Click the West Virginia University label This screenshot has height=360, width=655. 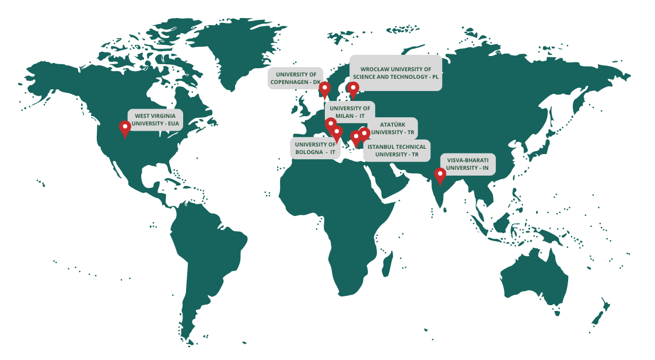pyautogui.click(x=155, y=120)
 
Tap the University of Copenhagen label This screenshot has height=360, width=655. pyautogui.click(x=295, y=78)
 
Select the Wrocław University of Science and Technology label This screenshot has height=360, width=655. pyautogui.click(x=395, y=73)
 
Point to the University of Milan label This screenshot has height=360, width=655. pyautogui.click(x=349, y=112)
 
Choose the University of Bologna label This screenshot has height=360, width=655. pyautogui.click(x=315, y=148)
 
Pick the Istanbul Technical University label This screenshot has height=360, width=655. pyautogui.click(x=397, y=151)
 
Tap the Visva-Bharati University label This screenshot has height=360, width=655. pyautogui.click(x=467, y=164)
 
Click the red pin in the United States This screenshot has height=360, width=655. pyautogui.click(x=125, y=128)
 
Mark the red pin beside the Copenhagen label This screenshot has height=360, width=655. pyautogui.click(x=325, y=89)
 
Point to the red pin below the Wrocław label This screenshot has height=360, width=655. pyautogui.click(x=353, y=89)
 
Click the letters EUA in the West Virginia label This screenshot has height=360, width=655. pyautogui.click(x=173, y=124)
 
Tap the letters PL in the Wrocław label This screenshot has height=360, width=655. pyautogui.click(x=435, y=77)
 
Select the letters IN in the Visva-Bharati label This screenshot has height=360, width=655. pyautogui.click(x=484, y=168)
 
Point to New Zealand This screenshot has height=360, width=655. pyautogui.click(x=601, y=312)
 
